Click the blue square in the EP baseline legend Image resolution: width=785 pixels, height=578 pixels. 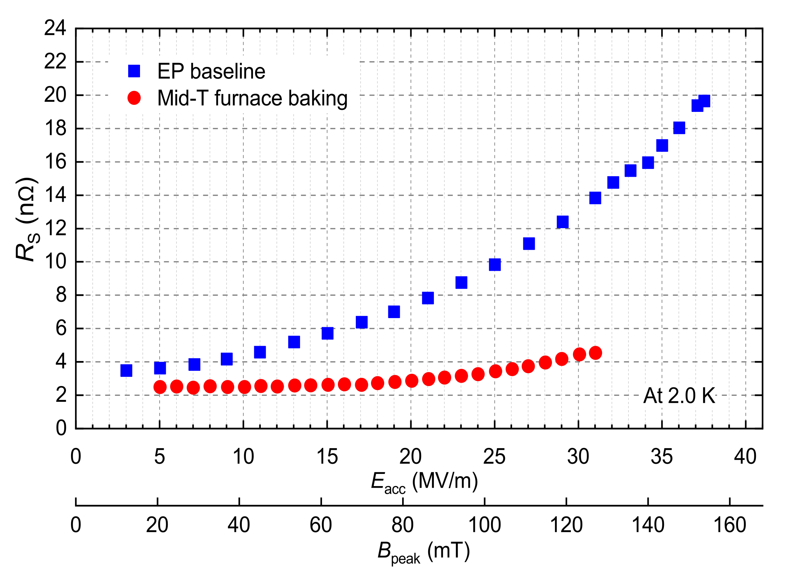point(134,71)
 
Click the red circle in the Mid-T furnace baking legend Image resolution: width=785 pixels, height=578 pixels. point(134,98)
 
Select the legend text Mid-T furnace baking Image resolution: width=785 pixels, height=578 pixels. point(252,98)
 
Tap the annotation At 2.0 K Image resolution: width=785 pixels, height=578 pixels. point(679,396)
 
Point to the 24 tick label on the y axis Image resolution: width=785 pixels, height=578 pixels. point(55,28)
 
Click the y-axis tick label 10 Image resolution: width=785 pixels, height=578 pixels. point(55,262)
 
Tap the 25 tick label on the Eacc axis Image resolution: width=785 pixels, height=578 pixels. point(494,457)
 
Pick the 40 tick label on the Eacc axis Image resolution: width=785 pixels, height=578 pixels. point(745,457)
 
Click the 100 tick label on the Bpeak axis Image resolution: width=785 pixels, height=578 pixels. point(484,525)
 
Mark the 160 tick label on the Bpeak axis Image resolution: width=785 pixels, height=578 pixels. point(730,525)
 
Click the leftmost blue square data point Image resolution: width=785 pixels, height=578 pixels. point(126,370)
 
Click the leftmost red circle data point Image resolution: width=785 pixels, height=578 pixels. point(160,387)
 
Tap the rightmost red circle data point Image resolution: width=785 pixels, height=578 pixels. point(595,353)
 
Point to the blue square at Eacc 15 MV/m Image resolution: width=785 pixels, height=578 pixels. point(327,333)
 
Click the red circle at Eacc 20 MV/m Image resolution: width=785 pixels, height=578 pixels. point(411,380)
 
